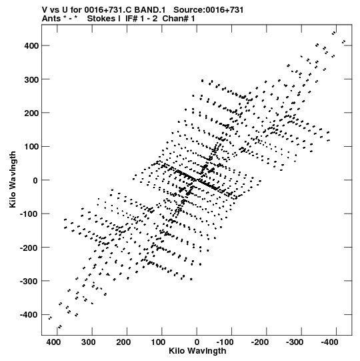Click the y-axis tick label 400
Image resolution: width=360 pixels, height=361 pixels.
[x=31, y=46]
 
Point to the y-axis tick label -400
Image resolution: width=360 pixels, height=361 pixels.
[x=28, y=315]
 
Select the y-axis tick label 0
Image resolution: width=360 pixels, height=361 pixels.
[x=35, y=180]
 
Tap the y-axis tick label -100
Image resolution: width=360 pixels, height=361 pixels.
[x=28, y=214]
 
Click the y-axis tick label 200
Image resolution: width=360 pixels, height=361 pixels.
[x=31, y=113]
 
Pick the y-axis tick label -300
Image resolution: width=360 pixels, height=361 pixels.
[x=28, y=281]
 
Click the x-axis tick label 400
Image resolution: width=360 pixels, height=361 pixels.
[x=54, y=342]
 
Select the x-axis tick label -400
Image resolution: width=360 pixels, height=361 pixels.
[x=329, y=342]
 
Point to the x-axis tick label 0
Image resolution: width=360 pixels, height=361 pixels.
[x=197, y=342]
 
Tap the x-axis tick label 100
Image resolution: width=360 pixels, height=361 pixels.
[x=158, y=342]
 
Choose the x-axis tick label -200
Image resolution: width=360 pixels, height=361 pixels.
[x=260, y=342]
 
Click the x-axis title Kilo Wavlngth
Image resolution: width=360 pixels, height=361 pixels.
[x=197, y=351]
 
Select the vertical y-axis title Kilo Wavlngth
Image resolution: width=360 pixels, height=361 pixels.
[x=13, y=179]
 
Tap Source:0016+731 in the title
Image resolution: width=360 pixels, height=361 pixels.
[x=209, y=10]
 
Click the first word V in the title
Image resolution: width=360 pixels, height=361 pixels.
[x=44, y=10]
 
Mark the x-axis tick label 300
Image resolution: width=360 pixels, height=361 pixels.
[x=88, y=342]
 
